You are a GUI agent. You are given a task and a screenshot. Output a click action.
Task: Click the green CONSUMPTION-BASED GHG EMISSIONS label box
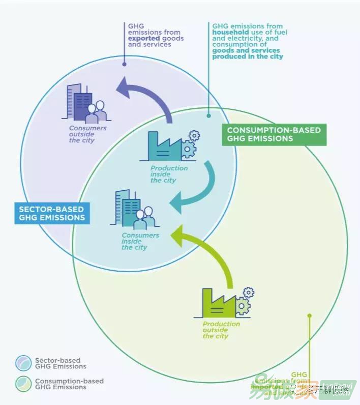(274, 134)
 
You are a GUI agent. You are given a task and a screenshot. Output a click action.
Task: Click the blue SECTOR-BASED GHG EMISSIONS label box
(52, 213)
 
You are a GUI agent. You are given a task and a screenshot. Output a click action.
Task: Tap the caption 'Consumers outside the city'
(87, 134)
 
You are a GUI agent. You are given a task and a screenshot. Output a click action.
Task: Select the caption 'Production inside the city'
(169, 174)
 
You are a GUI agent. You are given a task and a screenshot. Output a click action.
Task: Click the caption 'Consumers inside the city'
(140, 241)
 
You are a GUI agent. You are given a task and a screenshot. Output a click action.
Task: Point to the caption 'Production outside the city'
(221, 330)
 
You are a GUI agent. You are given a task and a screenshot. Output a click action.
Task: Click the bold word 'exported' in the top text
(144, 38)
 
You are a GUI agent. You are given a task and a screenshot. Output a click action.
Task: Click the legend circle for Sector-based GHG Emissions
(23, 363)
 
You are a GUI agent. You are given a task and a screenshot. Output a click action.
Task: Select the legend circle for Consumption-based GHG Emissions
(23, 384)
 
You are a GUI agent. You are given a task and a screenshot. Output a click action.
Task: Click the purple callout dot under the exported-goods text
(124, 64)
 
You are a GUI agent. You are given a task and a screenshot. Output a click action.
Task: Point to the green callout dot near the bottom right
(309, 315)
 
